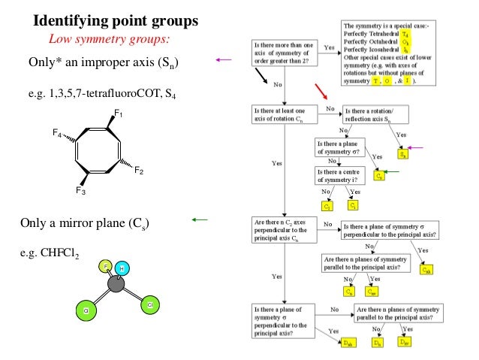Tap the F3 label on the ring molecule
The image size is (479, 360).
tap(80, 192)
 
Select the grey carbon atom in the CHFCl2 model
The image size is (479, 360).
tap(116, 285)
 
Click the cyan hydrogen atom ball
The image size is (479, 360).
tap(125, 269)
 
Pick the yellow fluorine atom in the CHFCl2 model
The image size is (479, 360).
tap(108, 267)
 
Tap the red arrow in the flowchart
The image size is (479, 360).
tap(322, 91)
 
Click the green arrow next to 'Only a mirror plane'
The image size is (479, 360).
tap(199, 220)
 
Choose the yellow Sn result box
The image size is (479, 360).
tap(402, 154)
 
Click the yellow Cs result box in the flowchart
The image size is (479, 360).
tap(380, 176)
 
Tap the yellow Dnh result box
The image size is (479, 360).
tap(348, 343)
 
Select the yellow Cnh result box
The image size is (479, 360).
tap(427, 269)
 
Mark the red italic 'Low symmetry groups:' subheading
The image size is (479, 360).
tap(110, 38)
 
